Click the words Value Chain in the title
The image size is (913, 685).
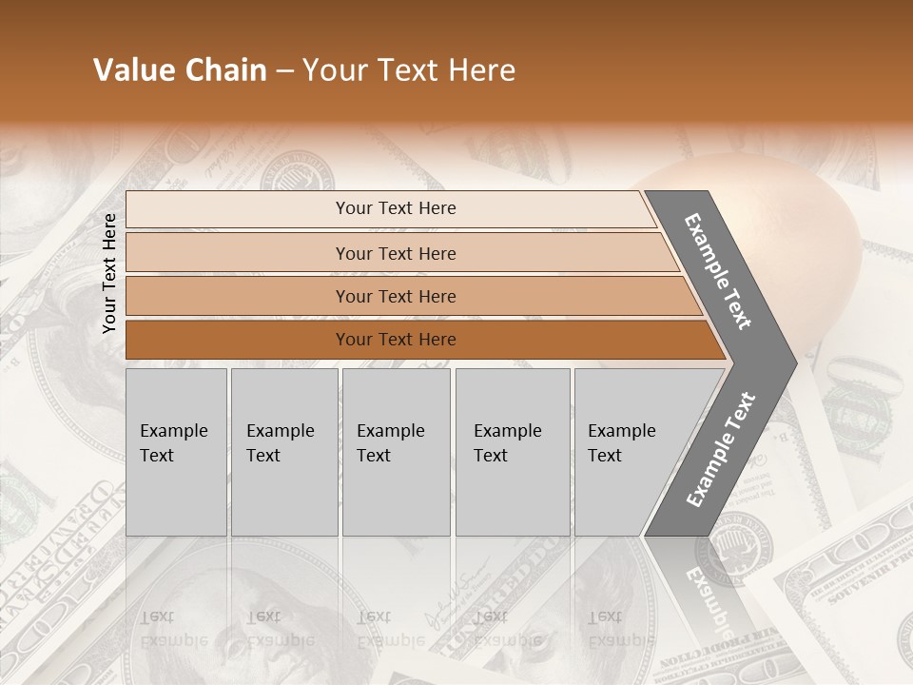tap(180, 70)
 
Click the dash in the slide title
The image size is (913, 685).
tap(284, 71)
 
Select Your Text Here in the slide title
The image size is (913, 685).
tap(409, 70)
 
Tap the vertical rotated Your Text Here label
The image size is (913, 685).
tap(109, 273)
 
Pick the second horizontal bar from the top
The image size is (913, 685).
tap(396, 253)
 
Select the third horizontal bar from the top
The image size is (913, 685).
tap(396, 296)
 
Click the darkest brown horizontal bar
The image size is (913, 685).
tap(396, 340)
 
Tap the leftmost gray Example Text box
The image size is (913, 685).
tap(176, 451)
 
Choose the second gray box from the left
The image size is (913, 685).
tap(283, 451)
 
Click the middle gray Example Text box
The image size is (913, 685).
tap(396, 451)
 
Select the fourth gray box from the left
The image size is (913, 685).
tap(512, 451)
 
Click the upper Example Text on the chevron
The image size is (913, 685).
tap(718, 272)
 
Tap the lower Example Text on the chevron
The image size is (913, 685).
tap(721, 450)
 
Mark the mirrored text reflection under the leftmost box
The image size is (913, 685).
tap(173, 628)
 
